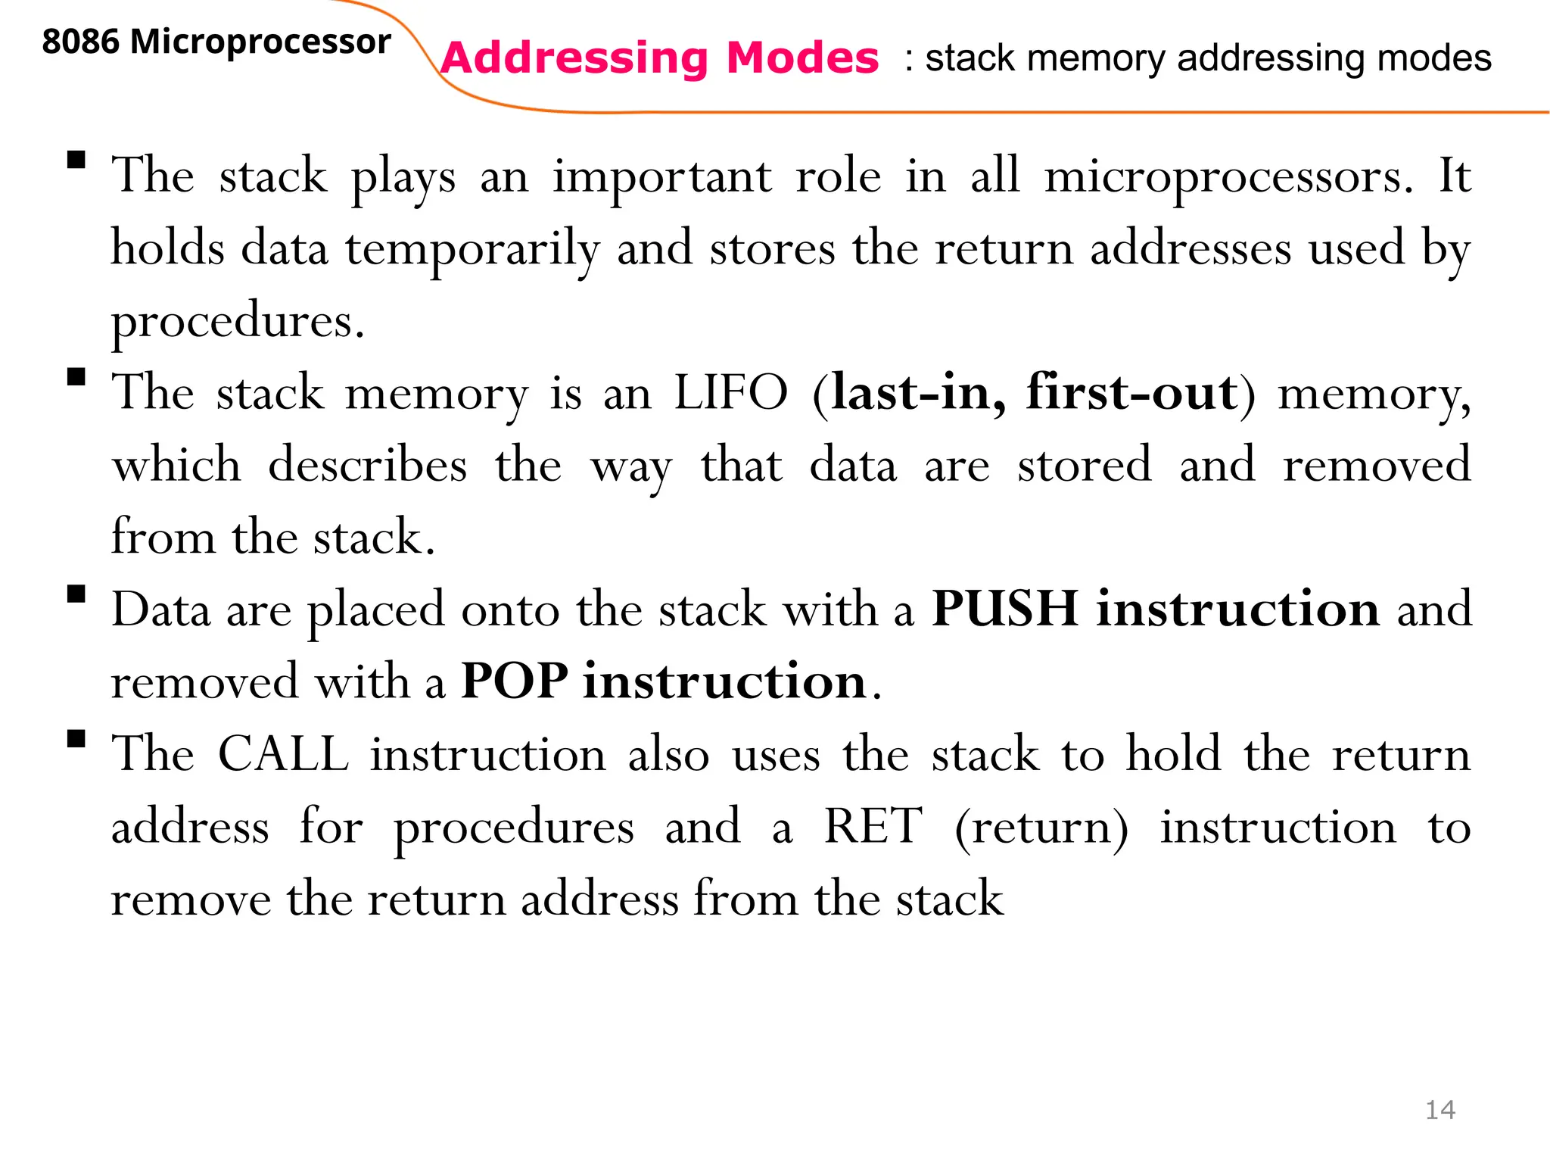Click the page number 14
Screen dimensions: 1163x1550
pyautogui.click(x=1440, y=1110)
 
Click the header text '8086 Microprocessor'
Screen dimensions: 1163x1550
pyautogui.click(x=216, y=42)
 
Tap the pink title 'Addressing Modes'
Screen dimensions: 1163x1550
pyautogui.click(x=659, y=58)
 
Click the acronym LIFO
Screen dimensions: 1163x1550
pyautogui.click(x=730, y=393)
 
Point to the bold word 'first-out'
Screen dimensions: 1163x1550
pyautogui.click(x=1131, y=393)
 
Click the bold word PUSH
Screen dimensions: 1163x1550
pyautogui.click(x=1004, y=609)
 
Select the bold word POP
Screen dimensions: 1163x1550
pyautogui.click(x=515, y=681)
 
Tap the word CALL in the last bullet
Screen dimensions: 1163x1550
pyautogui.click(x=284, y=754)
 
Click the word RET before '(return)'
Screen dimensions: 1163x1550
pyautogui.click(x=873, y=826)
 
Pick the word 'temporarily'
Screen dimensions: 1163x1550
pyautogui.click(x=472, y=250)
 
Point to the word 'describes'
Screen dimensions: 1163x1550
pyautogui.click(x=368, y=465)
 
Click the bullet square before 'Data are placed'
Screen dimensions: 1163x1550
pyautogui.click(x=76, y=594)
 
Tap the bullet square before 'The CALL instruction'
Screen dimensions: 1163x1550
pyautogui.click(x=76, y=738)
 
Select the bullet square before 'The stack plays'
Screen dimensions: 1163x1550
pyautogui.click(x=76, y=160)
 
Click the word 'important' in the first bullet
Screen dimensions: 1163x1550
pyautogui.click(x=662, y=178)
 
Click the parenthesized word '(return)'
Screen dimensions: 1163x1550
pyautogui.click(x=1041, y=828)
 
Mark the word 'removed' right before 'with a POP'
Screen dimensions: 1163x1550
pyautogui.click(x=204, y=681)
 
